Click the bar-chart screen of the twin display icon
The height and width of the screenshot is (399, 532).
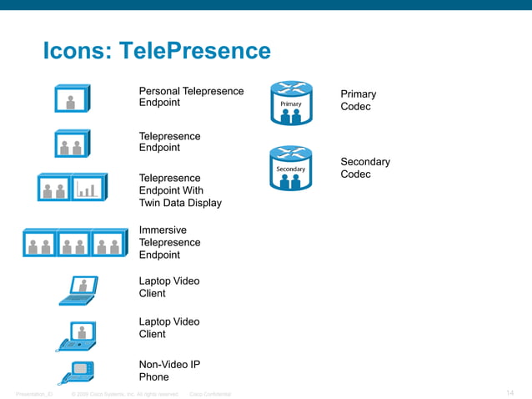click(88, 188)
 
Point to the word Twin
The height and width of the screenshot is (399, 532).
click(152, 203)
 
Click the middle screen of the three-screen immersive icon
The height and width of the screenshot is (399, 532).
click(73, 244)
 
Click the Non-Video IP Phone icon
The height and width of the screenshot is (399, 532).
click(77, 371)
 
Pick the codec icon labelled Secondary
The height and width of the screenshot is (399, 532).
click(290, 167)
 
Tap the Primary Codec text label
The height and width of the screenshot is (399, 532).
click(358, 100)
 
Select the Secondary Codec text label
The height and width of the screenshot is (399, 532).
click(364, 168)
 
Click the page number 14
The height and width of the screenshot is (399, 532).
click(510, 393)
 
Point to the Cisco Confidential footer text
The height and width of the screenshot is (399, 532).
click(210, 394)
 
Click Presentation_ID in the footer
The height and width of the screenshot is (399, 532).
click(34, 394)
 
